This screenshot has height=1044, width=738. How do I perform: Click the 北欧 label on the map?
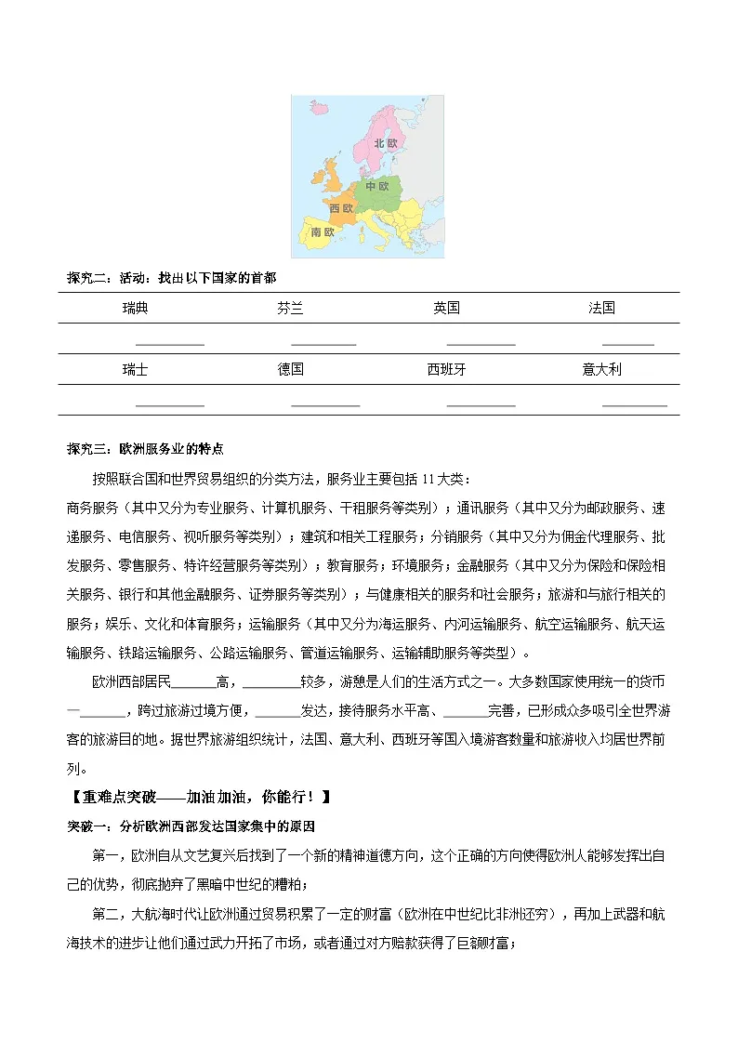pyautogui.click(x=386, y=143)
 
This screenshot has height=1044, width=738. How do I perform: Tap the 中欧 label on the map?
pyautogui.click(x=376, y=186)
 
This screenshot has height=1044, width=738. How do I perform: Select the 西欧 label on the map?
pyautogui.click(x=342, y=209)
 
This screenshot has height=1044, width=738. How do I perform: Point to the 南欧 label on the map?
pyautogui.click(x=323, y=231)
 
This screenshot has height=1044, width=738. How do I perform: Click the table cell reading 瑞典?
pyautogui.click(x=135, y=308)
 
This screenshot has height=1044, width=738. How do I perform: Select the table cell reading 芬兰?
pyautogui.click(x=291, y=308)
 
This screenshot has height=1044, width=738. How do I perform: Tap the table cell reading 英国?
pyautogui.click(x=446, y=308)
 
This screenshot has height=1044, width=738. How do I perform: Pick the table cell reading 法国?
pyautogui.click(x=601, y=308)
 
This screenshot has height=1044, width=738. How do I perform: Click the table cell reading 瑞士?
pyautogui.click(x=135, y=369)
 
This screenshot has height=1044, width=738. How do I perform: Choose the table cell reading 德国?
pyautogui.click(x=291, y=369)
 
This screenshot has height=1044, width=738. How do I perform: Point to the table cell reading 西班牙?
pyautogui.click(x=446, y=369)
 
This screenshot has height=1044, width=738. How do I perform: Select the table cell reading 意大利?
pyautogui.click(x=601, y=369)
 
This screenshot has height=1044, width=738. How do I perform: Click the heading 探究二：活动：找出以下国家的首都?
pyautogui.click(x=172, y=278)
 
